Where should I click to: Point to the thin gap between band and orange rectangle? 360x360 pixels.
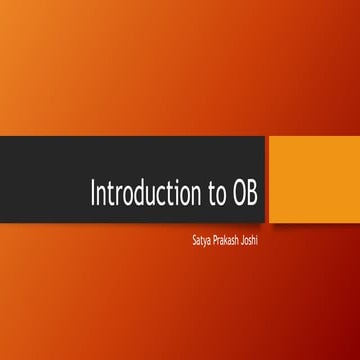(267, 179)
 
